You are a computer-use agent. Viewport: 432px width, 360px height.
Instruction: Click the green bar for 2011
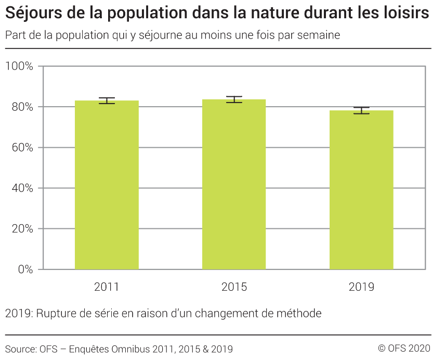107,185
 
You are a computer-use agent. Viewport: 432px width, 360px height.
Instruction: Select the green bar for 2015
234,184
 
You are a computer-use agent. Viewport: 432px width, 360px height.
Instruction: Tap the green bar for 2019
361,190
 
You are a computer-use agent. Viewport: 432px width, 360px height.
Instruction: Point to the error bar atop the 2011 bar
107,100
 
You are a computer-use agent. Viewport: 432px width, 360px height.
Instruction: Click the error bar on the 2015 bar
234,99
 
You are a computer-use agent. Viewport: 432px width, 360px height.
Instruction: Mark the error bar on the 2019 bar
361,110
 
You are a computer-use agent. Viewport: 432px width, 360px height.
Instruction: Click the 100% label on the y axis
20,67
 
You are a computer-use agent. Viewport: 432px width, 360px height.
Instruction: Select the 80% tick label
22,107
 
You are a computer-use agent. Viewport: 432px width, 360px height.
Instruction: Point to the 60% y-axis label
22,148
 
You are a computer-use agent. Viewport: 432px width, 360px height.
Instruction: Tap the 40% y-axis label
22,188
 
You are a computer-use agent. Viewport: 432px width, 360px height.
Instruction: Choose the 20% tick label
22,229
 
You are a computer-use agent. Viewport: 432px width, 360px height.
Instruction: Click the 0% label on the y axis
25,269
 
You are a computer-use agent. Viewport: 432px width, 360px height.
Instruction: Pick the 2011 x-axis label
107,287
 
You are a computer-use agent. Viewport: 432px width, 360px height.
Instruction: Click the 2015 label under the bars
234,287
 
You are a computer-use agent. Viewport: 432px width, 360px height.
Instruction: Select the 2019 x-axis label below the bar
361,287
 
